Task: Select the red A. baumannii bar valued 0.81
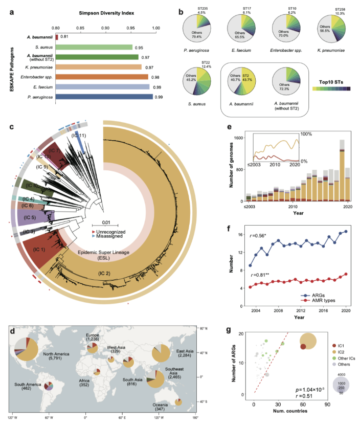(56, 37)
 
